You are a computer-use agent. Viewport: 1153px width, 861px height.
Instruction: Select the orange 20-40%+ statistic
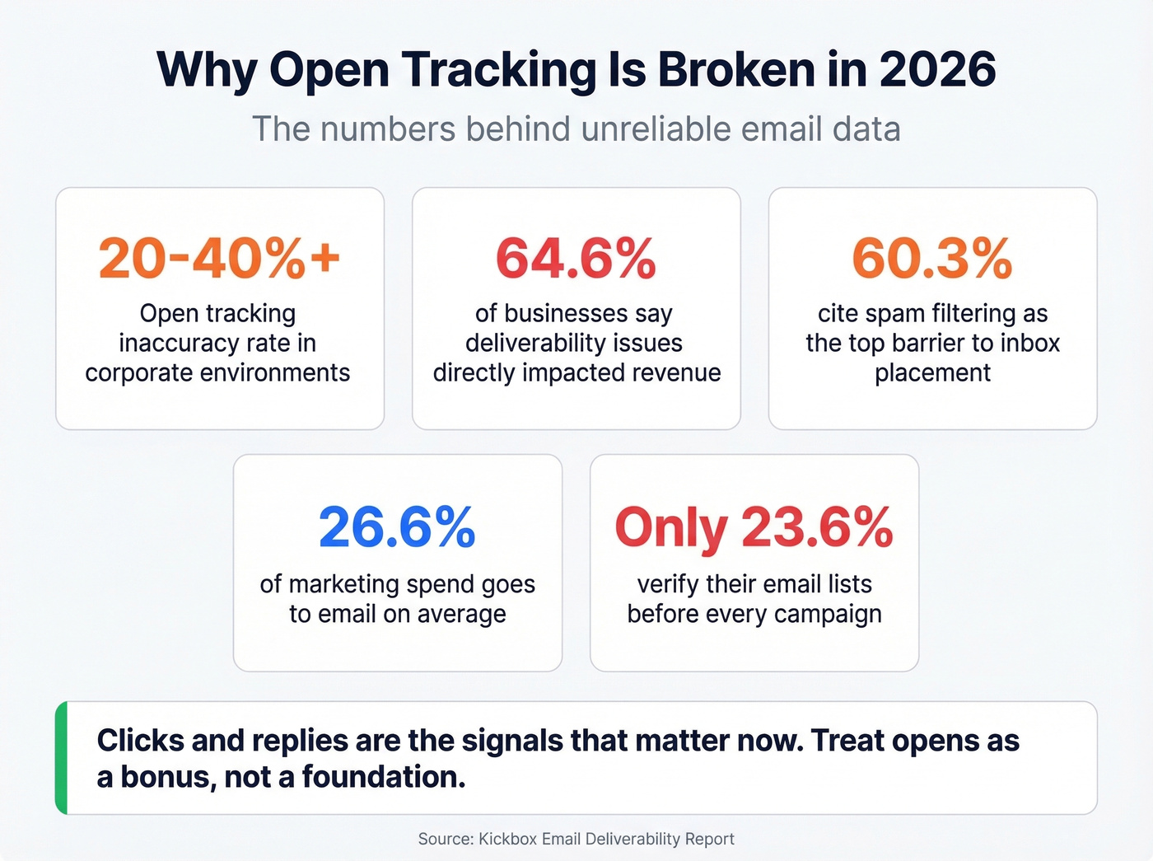point(219,258)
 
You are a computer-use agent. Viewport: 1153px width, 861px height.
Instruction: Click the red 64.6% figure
point(576,258)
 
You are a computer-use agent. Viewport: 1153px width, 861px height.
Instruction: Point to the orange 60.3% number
point(931,258)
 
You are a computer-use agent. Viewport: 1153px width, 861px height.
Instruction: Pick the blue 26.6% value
point(397,527)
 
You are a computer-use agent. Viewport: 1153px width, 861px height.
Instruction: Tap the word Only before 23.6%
point(671,527)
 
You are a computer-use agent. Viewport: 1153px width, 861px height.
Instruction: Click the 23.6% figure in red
point(817,527)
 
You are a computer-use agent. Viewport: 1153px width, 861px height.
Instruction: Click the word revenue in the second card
point(675,373)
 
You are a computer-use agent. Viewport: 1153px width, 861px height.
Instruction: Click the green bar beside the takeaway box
point(61,758)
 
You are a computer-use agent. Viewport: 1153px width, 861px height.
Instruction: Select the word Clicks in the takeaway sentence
point(140,741)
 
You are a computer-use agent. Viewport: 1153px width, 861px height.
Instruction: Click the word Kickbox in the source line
point(506,839)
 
